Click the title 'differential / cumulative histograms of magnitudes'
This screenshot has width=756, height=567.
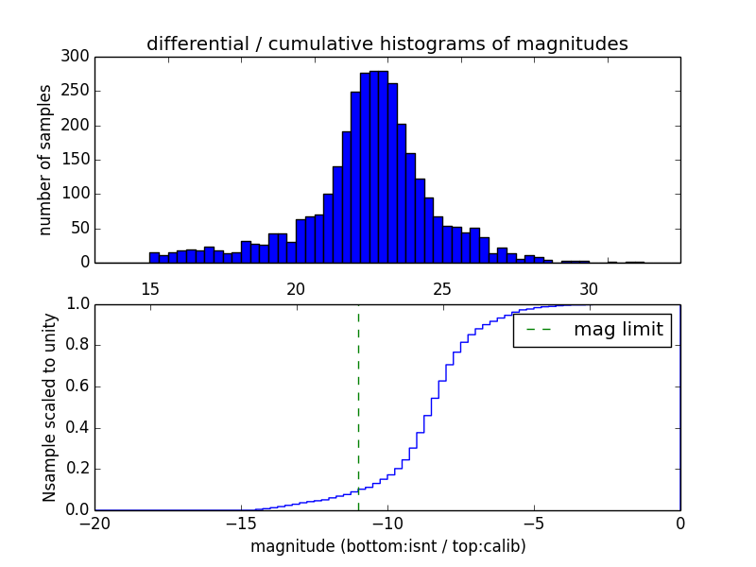click(387, 44)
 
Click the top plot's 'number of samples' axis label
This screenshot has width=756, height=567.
click(45, 160)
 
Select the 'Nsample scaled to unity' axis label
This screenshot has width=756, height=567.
click(49, 406)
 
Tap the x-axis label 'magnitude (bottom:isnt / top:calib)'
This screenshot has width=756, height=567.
click(387, 546)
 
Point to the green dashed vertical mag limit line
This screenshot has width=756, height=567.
click(358, 406)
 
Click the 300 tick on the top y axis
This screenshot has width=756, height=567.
click(77, 57)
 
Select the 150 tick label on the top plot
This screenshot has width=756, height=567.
click(77, 160)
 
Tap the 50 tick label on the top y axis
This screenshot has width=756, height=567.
click(80, 229)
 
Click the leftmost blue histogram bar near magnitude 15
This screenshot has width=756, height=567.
click(154, 257)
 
